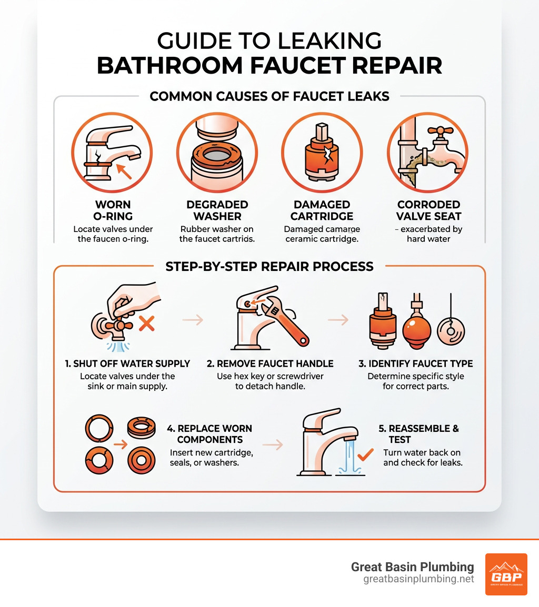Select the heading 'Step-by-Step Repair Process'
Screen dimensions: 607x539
(x=269, y=266)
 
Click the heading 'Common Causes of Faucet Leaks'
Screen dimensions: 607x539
(x=269, y=96)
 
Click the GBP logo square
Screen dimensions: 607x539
(x=506, y=574)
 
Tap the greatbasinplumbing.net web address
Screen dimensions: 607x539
(x=418, y=579)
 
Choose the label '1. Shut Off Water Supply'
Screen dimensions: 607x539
(x=127, y=363)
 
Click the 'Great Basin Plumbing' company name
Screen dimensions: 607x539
(x=412, y=566)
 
